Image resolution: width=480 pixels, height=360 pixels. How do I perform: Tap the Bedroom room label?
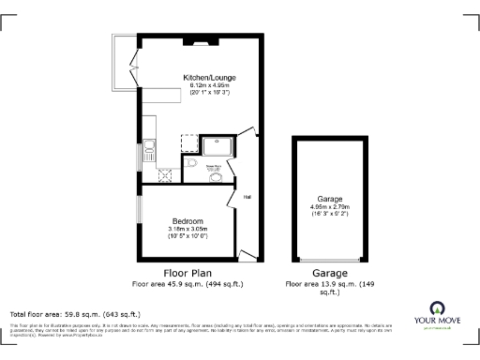[187, 221]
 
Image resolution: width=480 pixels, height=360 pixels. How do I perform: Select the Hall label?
[247, 198]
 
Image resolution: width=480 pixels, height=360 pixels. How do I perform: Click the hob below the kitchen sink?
[166, 172]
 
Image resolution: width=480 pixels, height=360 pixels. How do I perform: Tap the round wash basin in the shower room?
[217, 176]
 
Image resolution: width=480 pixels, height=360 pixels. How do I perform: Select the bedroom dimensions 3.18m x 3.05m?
[187, 229]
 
